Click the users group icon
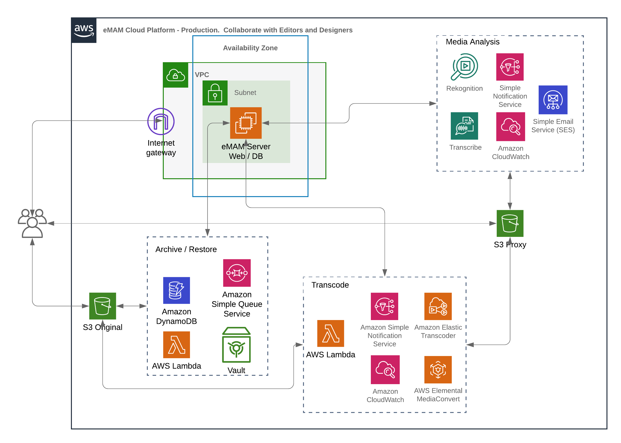(32, 223)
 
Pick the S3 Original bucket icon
(102, 306)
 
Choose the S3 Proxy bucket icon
(510, 223)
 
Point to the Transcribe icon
(464, 126)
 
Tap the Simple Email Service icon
(553, 100)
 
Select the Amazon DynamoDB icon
(176, 290)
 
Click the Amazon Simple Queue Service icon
(237, 273)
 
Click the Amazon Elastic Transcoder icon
(438, 306)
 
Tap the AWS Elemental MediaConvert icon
(438, 369)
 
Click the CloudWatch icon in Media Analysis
(510, 126)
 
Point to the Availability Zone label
(250, 48)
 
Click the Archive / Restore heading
(186, 249)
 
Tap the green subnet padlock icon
(215, 93)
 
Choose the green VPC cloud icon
(175, 75)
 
